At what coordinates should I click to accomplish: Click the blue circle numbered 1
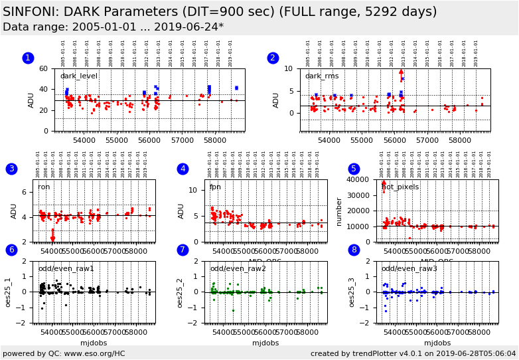click(x=28, y=58)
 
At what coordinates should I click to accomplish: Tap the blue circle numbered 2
click(x=273, y=58)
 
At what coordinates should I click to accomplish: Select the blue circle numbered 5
click(x=354, y=169)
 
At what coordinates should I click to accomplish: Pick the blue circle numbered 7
click(x=183, y=250)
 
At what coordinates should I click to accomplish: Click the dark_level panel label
click(x=78, y=76)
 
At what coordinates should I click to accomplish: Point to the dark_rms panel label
click(x=322, y=76)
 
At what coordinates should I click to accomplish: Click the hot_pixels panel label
click(x=400, y=187)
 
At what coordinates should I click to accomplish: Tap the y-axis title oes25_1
click(x=9, y=292)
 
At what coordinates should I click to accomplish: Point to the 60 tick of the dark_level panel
click(x=43, y=69)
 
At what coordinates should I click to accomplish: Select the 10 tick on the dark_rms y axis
click(x=289, y=69)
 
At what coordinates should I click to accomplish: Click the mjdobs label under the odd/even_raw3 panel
click(x=437, y=343)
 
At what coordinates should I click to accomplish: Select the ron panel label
click(x=44, y=187)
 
